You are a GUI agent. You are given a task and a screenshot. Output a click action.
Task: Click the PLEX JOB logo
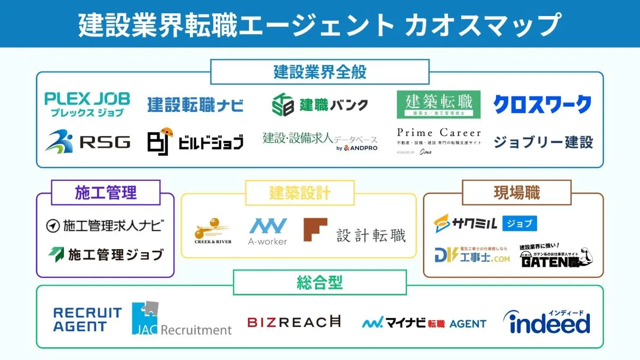tap(86, 104)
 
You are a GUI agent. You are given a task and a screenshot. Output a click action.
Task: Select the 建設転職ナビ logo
tap(195, 105)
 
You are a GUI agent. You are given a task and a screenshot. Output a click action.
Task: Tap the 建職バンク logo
tap(320, 104)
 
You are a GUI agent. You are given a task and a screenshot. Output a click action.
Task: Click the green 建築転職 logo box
tap(438, 104)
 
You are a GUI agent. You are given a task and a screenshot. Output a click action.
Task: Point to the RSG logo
tap(87, 141)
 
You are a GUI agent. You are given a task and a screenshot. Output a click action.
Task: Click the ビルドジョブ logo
tap(195, 141)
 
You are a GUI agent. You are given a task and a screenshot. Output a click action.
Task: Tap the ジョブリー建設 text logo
tap(543, 142)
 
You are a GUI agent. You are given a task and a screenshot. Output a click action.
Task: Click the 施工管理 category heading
tap(106, 193)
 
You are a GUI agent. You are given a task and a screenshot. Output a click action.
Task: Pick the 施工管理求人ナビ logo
tap(105, 226)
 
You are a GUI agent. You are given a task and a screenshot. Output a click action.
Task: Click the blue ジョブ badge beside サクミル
tap(519, 223)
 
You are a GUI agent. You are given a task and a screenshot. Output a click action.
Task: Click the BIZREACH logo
tap(294, 322)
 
